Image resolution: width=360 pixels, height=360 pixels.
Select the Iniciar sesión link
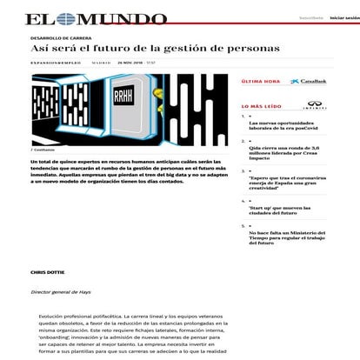[x=344, y=17]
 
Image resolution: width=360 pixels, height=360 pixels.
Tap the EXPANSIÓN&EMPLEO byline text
[x=56, y=63]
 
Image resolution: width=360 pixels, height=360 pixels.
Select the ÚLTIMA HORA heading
[x=259, y=81]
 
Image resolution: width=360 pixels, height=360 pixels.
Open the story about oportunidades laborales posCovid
[x=290, y=127]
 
